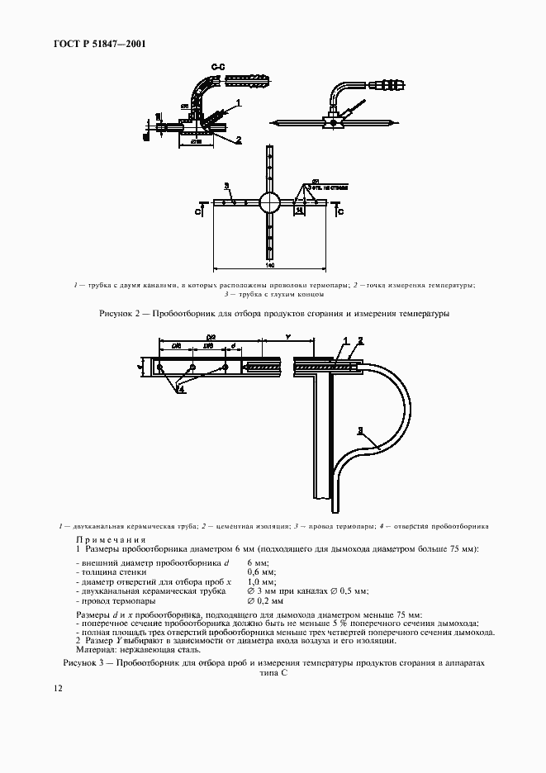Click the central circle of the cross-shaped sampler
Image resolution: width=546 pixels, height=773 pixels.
270,202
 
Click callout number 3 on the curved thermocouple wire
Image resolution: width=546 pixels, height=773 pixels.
361,429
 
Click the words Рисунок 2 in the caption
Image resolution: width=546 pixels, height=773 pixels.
121,314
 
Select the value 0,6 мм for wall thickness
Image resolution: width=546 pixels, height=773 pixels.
262,571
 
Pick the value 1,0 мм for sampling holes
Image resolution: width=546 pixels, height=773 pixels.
262,581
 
